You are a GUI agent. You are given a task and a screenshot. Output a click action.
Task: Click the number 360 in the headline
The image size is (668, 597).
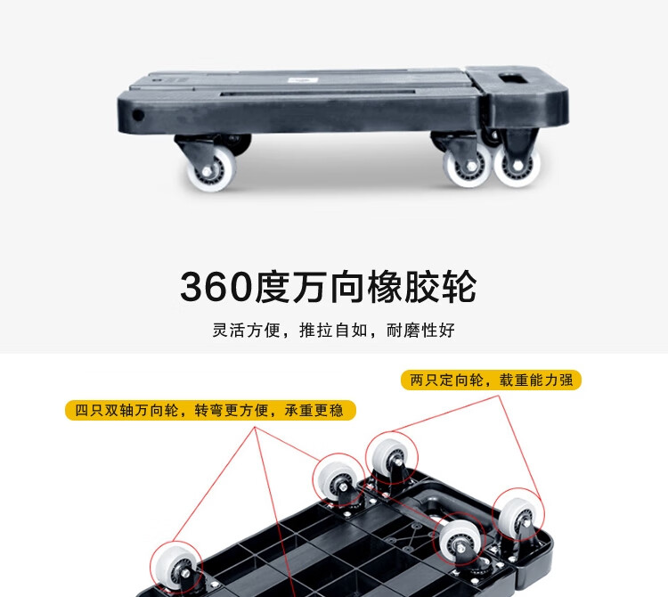tap(216, 287)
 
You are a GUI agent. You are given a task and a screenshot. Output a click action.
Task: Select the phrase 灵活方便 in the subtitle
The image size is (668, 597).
tap(246, 331)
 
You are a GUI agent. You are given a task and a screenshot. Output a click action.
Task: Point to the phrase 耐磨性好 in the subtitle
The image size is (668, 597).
tap(420, 331)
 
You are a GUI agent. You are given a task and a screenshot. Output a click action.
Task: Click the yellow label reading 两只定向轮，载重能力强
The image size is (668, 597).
tap(491, 380)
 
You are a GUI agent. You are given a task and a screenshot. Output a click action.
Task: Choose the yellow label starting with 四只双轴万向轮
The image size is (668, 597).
tap(210, 411)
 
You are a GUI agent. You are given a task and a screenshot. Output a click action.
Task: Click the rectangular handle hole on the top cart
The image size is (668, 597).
tap(513, 78)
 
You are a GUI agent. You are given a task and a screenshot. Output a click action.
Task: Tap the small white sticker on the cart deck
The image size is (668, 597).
tap(303, 80)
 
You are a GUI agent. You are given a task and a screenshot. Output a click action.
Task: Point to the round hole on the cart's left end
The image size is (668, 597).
tap(137, 115)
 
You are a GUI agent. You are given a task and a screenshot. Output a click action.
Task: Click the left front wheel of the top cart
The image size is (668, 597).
tap(212, 168)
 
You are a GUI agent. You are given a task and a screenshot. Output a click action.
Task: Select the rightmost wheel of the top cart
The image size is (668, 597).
tap(517, 165)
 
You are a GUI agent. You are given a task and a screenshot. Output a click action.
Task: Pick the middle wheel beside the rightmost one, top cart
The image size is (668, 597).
tap(468, 166)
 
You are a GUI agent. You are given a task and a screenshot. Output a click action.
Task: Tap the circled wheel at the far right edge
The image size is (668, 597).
tap(517, 515)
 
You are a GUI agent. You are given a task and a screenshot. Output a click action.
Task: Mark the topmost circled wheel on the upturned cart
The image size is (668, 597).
tap(392, 458)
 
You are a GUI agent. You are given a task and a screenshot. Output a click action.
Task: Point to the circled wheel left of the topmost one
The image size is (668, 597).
tap(338, 479)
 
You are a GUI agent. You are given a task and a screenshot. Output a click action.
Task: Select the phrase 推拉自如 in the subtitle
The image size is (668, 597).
tap(333, 331)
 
